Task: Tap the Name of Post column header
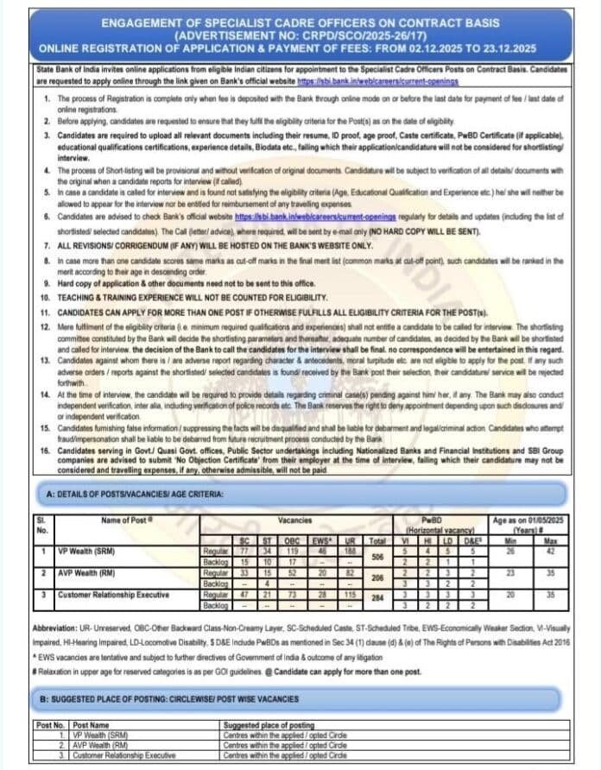pyautogui.click(x=127, y=520)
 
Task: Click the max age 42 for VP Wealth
pyautogui.click(x=551, y=550)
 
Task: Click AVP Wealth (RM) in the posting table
pyautogui.click(x=99, y=745)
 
